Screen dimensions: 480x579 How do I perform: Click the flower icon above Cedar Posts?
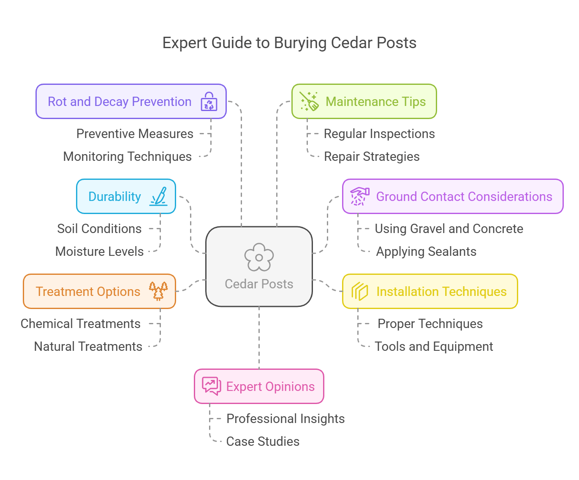[259, 257]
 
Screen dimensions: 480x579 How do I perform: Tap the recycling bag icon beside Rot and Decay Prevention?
[209, 102]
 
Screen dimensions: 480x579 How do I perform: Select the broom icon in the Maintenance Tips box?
[309, 102]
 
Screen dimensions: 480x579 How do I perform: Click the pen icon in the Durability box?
[159, 197]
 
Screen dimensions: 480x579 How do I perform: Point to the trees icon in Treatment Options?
[158, 291]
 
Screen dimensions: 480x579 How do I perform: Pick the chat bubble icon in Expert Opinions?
[212, 386]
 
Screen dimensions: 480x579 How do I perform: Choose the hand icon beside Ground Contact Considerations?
[359, 197]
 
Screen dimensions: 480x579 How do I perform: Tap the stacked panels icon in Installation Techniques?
[360, 291]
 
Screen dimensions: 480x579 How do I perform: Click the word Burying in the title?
[300, 43]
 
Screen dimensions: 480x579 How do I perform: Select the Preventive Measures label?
[135, 134]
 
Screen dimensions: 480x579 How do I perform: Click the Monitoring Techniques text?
[127, 157]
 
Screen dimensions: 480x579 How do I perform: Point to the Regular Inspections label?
[379, 134]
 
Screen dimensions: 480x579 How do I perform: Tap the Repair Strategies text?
[371, 157]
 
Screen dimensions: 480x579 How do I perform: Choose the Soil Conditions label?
[99, 229]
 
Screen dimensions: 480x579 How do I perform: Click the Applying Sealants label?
[426, 252]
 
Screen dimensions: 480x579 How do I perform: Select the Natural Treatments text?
[88, 347]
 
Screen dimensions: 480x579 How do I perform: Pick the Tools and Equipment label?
[434, 347]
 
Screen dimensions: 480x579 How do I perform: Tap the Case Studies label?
[263, 442]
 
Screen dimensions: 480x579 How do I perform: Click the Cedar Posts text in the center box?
[259, 284]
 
